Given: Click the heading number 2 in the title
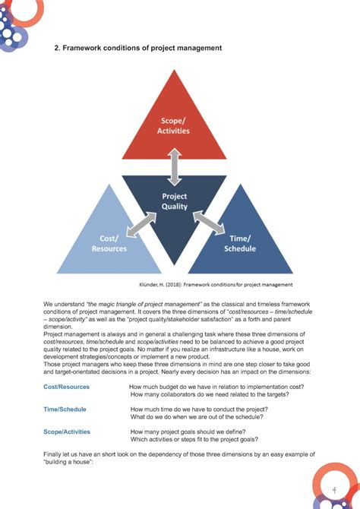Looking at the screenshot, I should point(56,49).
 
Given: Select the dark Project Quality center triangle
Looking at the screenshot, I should point(174,209).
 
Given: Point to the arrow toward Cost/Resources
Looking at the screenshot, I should point(141,225).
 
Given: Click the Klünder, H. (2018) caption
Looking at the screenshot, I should point(216,285).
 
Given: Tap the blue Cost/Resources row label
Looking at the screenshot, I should point(66,387).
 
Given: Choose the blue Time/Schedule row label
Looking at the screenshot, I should point(65,409).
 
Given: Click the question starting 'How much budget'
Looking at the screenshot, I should point(216,387).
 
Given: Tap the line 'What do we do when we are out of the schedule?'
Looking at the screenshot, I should point(197,416).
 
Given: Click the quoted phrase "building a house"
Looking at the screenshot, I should point(68,461).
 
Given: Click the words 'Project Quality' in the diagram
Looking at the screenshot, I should point(175,201).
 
